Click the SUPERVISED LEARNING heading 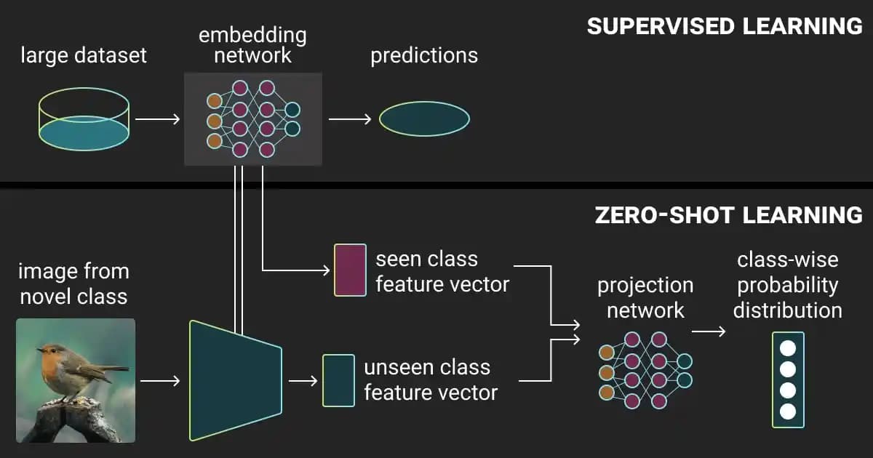tap(724, 26)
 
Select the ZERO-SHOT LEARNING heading tap(728, 215)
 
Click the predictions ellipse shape tap(424, 118)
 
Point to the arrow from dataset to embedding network tap(157, 118)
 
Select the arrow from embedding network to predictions tap(350, 118)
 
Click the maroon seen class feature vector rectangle tap(350, 270)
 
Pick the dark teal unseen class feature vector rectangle tap(338, 380)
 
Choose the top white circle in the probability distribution tap(788, 347)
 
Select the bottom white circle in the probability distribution tap(788, 411)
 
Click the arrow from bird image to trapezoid tap(159, 380)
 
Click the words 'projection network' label tap(645, 297)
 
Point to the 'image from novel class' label tap(73, 284)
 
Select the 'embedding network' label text tap(252, 44)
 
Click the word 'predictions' tap(424, 56)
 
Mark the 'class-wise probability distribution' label tap(787, 285)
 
